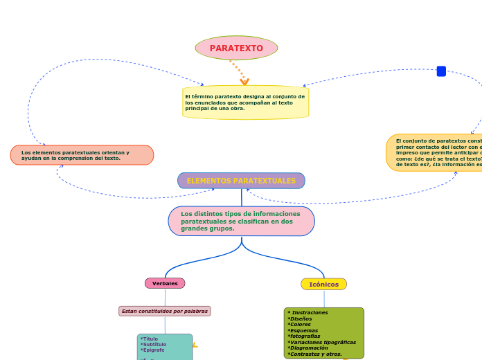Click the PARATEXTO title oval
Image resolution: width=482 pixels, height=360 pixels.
point(236,48)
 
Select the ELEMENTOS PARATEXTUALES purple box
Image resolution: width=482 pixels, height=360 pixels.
point(241,181)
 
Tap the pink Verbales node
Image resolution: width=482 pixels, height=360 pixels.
point(165,283)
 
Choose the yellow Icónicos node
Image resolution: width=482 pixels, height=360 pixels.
point(323,284)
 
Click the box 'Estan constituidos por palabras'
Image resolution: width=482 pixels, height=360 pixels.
point(165,312)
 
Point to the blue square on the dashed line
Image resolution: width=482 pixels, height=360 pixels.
point(441,71)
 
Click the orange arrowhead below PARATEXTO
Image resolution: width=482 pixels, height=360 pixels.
point(244,82)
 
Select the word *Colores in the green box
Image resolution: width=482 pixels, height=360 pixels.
point(300,325)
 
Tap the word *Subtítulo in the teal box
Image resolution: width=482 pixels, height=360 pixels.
point(153,345)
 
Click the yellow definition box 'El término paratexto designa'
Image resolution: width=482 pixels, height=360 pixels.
point(245,102)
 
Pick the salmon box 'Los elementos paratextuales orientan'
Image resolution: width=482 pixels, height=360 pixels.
point(82,155)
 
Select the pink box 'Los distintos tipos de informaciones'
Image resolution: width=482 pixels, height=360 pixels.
point(241,221)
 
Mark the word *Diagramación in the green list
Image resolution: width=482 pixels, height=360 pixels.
point(307,348)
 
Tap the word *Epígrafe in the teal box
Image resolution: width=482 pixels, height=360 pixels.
point(152,350)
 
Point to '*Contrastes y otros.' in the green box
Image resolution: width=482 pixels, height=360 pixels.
point(314,354)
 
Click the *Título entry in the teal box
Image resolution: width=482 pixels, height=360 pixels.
point(149,339)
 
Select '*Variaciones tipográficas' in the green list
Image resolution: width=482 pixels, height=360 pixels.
point(321,342)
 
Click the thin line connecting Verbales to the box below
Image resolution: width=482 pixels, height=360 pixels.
point(165,297)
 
